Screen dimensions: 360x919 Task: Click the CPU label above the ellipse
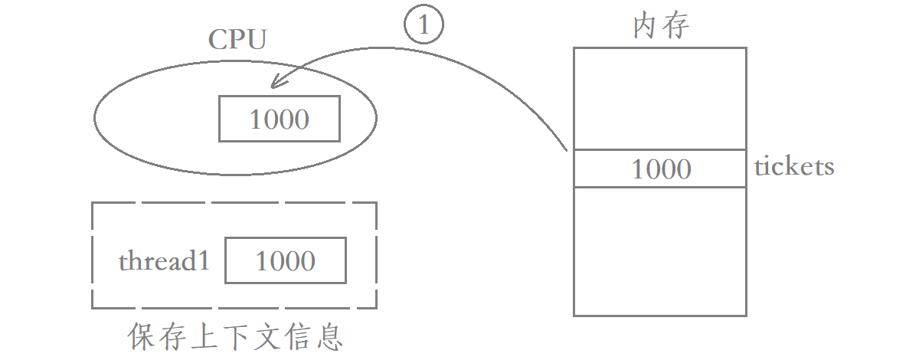click(x=237, y=40)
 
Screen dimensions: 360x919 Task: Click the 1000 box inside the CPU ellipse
click(x=280, y=119)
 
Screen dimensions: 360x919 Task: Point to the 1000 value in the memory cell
click(x=661, y=169)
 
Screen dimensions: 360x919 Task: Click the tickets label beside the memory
click(x=794, y=166)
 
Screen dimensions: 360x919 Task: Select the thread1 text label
click(x=164, y=261)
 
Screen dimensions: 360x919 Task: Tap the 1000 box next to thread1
click(x=285, y=260)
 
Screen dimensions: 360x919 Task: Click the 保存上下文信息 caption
click(x=235, y=336)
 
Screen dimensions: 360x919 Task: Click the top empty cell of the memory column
click(x=659, y=98)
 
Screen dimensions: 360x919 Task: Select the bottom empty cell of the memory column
click(x=659, y=251)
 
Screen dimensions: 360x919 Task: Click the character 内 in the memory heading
click(x=646, y=26)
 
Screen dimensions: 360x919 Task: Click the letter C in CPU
click(x=217, y=40)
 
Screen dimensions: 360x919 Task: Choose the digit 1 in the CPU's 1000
click(x=256, y=119)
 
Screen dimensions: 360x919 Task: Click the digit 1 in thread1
click(x=204, y=261)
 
